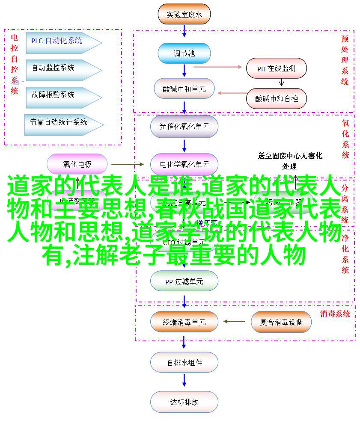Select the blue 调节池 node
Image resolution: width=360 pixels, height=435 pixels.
click(184, 53)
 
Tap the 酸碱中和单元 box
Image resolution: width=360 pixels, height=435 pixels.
click(184, 89)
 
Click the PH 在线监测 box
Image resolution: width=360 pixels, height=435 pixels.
click(276, 68)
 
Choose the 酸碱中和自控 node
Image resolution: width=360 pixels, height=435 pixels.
click(276, 98)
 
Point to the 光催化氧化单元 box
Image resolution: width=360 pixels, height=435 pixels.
click(184, 126)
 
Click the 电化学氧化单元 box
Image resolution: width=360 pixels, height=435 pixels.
click(184, 164)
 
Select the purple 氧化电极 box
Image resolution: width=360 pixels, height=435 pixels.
click(77, 164)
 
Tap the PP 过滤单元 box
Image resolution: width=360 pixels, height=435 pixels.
click(184, 281)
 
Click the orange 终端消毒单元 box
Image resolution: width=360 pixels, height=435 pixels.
click(184, 322)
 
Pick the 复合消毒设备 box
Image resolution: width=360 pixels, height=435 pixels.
click(281, 322)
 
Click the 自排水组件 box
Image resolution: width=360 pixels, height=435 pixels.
click(184, 363)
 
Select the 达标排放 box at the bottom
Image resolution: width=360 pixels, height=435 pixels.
click(184, 402)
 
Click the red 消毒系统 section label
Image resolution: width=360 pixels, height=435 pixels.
click(335, 314)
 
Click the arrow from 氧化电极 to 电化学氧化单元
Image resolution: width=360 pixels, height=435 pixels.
click(128, 164)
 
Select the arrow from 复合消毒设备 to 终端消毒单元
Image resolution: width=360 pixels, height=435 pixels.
click(234, 322)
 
